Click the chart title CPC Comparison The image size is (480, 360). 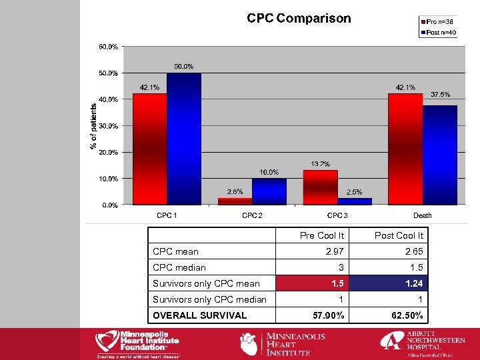298,19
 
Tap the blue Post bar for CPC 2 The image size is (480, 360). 269,191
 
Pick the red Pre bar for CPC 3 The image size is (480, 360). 320,187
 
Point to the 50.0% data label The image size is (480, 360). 184,67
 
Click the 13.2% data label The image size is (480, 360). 320,164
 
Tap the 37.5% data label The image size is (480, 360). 441,95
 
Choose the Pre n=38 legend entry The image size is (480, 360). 438,22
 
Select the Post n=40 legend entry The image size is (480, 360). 438,32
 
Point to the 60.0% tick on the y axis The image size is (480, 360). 109,47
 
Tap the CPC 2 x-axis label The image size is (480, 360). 252,215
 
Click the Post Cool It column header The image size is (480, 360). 399,235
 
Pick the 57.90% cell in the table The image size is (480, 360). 325,315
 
